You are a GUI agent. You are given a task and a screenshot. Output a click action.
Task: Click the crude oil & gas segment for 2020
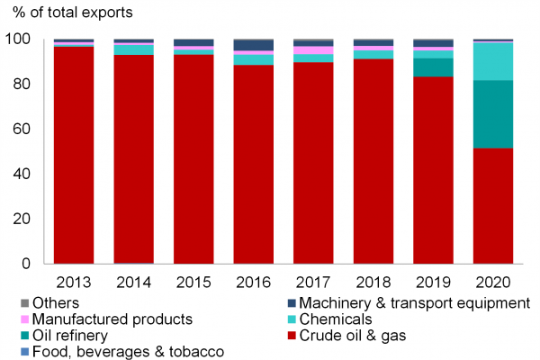(493, 205)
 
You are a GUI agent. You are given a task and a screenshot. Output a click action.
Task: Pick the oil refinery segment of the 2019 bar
(433, 67)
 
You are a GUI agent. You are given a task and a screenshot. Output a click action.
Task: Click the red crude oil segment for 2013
(74, 154)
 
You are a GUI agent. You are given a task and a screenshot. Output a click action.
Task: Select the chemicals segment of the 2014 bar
(133, 49)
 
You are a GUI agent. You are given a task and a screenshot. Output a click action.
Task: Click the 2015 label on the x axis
(193, 281)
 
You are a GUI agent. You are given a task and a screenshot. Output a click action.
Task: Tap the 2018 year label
(373, 281)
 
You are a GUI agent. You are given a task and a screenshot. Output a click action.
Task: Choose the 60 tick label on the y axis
(23, 130)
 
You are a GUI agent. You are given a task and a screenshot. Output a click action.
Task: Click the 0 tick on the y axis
(29, 264)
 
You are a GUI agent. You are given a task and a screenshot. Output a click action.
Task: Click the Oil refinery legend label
(70, 337)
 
